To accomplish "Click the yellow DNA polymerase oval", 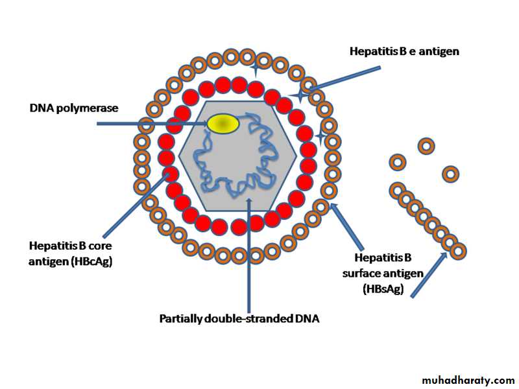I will click(x=223, y=123).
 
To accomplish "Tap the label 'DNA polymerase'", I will click(x=73, y=108).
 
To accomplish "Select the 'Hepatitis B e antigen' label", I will click(x=404, y=51).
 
